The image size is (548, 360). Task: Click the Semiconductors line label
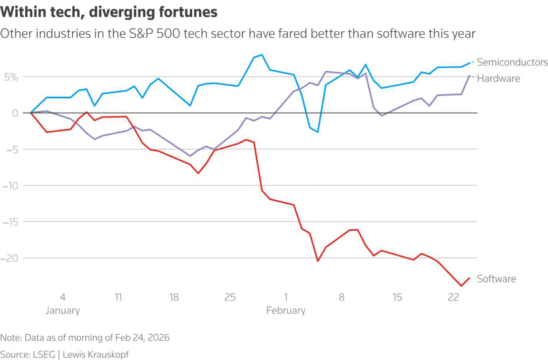(x=512, y=62)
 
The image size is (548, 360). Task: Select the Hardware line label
(x=498, y=78)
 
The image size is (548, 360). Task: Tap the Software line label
(x=496, y=279)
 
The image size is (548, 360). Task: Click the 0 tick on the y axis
(x=15, y=113)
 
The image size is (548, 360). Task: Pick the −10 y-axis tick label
(x=11, y=185)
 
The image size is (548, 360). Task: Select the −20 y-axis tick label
(x=11, y=258)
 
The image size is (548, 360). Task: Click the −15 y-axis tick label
(x=11, y=221)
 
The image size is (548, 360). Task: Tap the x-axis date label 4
(x=62, y=298)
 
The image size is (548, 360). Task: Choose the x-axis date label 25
(x=230, y=298)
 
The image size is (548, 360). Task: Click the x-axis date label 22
(x=453, y=298)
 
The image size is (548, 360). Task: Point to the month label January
(x=62, y=310)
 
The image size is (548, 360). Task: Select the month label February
(x=286, y=310)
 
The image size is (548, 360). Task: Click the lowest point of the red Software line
(x=461, y=286)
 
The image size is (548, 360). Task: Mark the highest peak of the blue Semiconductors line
(x=262, y=54)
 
